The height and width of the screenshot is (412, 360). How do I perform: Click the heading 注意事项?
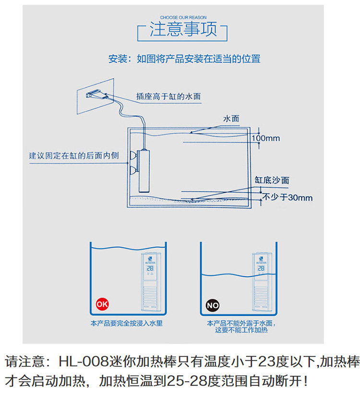(183, 30)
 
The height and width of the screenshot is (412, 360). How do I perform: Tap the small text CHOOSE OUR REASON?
(182, 17)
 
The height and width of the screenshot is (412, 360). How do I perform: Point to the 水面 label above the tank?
(231, 119)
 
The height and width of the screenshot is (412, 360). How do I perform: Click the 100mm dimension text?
(265, 138)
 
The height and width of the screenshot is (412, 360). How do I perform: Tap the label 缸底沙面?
(272, 181)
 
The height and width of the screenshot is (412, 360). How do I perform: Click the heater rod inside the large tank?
(143, 171)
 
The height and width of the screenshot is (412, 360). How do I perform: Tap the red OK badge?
(102, 304)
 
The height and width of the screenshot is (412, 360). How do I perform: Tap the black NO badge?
(212, 305)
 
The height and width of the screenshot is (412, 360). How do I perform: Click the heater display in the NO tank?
(260, 268)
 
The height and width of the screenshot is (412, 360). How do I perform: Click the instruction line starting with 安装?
(184, 60)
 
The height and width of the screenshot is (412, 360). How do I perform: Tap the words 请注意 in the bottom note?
(26, 361)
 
